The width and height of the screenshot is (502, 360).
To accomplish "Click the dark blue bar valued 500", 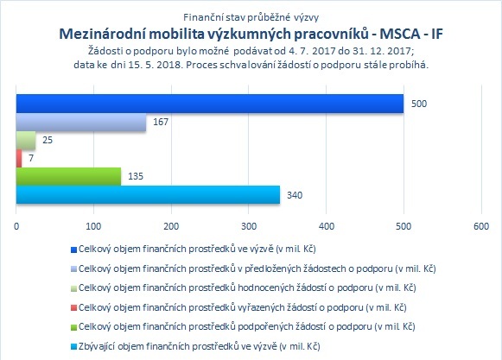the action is (210, 104).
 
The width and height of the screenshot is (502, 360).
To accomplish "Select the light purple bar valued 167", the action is (81, 122).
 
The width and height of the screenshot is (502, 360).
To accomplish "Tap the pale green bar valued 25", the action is (26, 140).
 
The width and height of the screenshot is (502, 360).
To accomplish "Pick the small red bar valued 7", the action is (19, 158).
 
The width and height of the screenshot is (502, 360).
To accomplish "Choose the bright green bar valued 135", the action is (68, 176).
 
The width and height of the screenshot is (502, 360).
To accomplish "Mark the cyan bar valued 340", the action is (148, 194).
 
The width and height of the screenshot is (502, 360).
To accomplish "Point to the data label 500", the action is (419, 104).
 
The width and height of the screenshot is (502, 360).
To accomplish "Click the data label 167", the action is (161, 122).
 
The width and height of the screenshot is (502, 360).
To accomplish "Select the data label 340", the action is (295, 195).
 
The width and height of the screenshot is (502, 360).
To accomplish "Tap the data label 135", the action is (136, 176).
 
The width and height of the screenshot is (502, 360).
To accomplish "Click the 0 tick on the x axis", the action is (16, 226).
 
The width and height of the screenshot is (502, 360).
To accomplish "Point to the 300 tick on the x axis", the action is (249, 226).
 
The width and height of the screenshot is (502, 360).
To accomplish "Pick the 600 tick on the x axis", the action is (481, 226).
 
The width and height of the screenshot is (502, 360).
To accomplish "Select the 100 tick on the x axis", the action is (93, 226).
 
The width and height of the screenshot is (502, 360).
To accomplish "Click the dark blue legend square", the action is (73, 249).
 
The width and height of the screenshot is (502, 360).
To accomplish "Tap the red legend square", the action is (73, 308).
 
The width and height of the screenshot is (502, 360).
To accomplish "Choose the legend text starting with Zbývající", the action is (199, 346).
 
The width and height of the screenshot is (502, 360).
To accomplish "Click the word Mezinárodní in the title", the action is (103, 34).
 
